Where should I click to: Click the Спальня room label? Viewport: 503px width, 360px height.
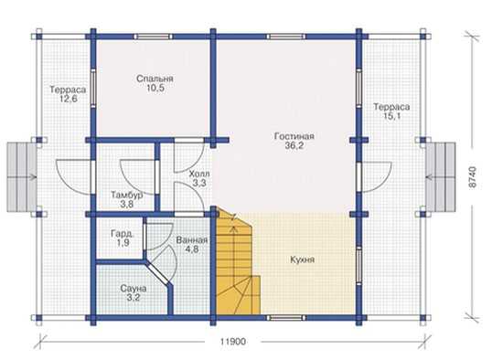click(155, 79)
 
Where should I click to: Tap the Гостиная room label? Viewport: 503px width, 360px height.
click(294, 136)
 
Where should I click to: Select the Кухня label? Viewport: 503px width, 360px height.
click(302, 259)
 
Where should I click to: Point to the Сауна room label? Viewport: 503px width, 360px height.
click(134, 288)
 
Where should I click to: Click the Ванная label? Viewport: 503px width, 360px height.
click(192, 240)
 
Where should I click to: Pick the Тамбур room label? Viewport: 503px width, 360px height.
click(127, 195)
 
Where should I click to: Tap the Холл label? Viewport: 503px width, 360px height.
click(199, 175)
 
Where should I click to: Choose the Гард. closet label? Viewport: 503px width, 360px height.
click(123, 233)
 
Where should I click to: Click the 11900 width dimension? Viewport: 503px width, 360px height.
click(233, 342)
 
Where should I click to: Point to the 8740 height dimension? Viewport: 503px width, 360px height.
click(473, 177)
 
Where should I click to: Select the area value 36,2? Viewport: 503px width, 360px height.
click(294, 145)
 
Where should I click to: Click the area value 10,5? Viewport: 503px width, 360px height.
click(155, 88)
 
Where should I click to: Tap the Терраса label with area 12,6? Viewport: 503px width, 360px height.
click(68, 90)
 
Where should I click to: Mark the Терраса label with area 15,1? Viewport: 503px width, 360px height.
click(391, 107)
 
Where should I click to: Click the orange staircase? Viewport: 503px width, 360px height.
click(238, 261)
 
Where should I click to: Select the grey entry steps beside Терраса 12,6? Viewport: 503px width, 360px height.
click(22, 177)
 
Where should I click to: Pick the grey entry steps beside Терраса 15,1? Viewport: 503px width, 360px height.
click(441, 177)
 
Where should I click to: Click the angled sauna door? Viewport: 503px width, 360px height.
click(157, 273)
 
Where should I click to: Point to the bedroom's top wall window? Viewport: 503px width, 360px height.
click(153, 37)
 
